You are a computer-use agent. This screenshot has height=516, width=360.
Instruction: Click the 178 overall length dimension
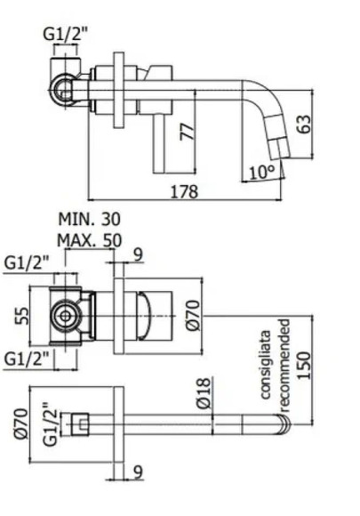click(x=183, y=191)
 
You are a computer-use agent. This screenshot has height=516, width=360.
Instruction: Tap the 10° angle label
click(x=260, y=172)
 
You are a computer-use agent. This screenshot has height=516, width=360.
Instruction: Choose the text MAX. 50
click(x=89, y=239)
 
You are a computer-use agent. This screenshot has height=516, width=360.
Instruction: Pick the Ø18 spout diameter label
click(x=204, y=394)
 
